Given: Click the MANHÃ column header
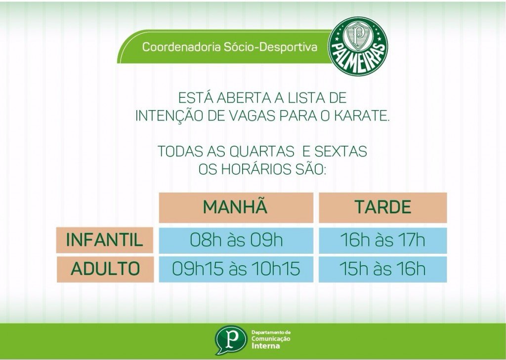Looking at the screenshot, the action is click(x=236, y=207).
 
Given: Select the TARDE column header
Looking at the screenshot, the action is click(x=383, y=207).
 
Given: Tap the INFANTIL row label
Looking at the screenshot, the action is click(x=105, y=240).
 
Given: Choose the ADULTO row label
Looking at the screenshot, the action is click(x=105, y=269).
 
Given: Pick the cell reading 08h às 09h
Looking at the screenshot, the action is click(x=236, y=240).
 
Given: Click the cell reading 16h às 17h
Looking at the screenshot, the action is click(x=383, y=240).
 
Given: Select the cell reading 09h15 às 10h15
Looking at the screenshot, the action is click(x=236, y=269).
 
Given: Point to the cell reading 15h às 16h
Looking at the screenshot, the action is click(x=383, y=269).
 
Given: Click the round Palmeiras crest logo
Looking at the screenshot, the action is click(x=358, y=46).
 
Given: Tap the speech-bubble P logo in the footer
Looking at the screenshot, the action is click(x=230, y=340).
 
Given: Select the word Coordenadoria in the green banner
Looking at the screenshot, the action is click(x=182, y=47).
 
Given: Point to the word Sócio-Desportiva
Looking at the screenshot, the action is click(x=271, y=47).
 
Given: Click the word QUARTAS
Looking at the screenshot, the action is click(x=262, y=151).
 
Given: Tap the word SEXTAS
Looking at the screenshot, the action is click(x=341, y=151).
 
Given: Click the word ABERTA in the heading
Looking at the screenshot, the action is click(x=244, y=98).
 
